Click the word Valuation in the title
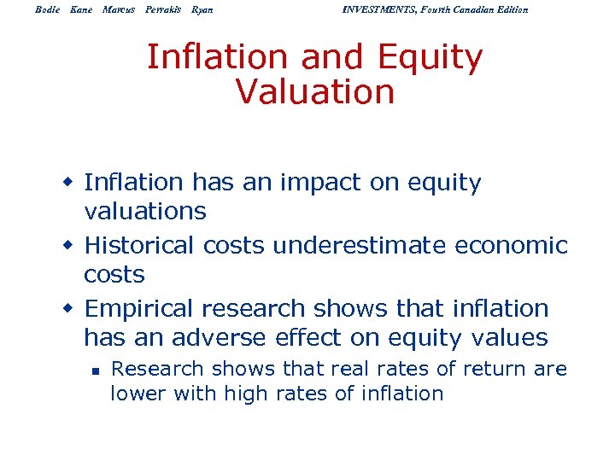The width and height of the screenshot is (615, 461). pos(314,91)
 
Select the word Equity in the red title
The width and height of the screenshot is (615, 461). pos(431,57)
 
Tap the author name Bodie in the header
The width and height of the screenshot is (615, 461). pos(49,9)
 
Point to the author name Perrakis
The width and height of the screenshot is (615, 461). pos(161,9)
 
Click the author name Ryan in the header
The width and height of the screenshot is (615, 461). pos(202,9)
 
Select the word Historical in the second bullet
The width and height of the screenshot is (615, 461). pos(140,245)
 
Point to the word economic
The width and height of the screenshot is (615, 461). pos(512,245)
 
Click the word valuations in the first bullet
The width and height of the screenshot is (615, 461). pos(145,211)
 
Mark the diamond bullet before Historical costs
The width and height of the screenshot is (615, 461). pos(72,246)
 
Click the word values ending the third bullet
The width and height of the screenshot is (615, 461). pos(507,337)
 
